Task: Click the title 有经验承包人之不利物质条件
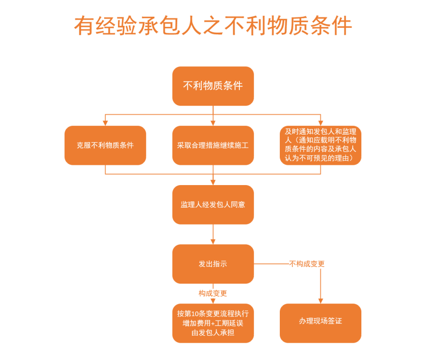(x=213, y=26)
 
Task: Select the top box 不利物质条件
(x=213, y=86)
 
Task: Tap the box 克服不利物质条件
(x=105, y=146)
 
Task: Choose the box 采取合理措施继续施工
(x=213, y=146)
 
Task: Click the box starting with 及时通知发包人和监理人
(x=320, y=146)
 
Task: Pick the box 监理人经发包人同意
(x=213, y=205)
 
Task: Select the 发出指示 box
(x=213, y=264)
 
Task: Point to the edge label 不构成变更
(x=307, y=264)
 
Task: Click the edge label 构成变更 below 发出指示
(x=213, y=293)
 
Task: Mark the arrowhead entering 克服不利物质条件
(x=105, y=123)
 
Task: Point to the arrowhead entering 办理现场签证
(x=320, y=301)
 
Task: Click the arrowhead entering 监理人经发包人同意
(x=213, y=182)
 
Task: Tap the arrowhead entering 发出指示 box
(x=213, y=242)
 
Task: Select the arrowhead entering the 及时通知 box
(x=320, y=123)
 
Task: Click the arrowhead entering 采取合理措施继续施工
(x=213, y=123)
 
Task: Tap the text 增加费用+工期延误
(x=213, y=323)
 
